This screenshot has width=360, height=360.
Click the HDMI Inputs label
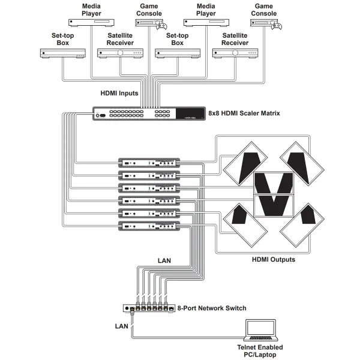pyautogui.click(x=120, y=93)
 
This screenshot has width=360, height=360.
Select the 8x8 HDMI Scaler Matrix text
pyautogui.click(x=244, y=113)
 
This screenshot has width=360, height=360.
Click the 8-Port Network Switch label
pyautogui.click(x=212, y=308)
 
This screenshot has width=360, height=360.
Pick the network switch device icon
pyautogui.click(x=150, y=308)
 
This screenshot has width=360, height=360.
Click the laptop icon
pyautogui.click(x=260, y=331)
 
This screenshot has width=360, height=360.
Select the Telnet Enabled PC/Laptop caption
pyautogui.click(x=260, y=351)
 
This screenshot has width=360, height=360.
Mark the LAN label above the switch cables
pyautogui.click(x=165, y=261)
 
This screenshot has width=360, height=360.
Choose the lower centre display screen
pyautogui.click(x=274, y=206)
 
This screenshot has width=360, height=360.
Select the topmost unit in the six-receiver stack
pyautogui.click(x=150, y=163)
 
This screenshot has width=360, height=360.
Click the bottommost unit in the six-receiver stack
pyautogui.click(x=150, y=226)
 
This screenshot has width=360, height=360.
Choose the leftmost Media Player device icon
pyautogui.click(x=91, y=23)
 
